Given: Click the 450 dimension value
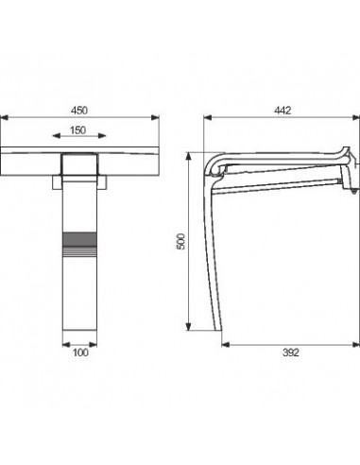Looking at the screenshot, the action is coord(79,111).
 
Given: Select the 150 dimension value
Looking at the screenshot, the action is coord(78,130).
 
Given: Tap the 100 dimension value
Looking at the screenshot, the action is coord(80,353).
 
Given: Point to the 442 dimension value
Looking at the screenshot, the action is coord(283,111).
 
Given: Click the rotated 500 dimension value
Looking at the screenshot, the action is coord(181,242).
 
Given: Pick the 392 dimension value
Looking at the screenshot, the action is coord(290,353).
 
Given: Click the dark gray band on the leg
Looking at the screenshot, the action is coord(79,239).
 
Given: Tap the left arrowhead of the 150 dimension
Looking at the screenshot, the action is coord(57,136).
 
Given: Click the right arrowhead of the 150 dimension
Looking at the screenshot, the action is coord(102,136).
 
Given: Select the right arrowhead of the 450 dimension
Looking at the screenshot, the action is coord(155,118).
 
